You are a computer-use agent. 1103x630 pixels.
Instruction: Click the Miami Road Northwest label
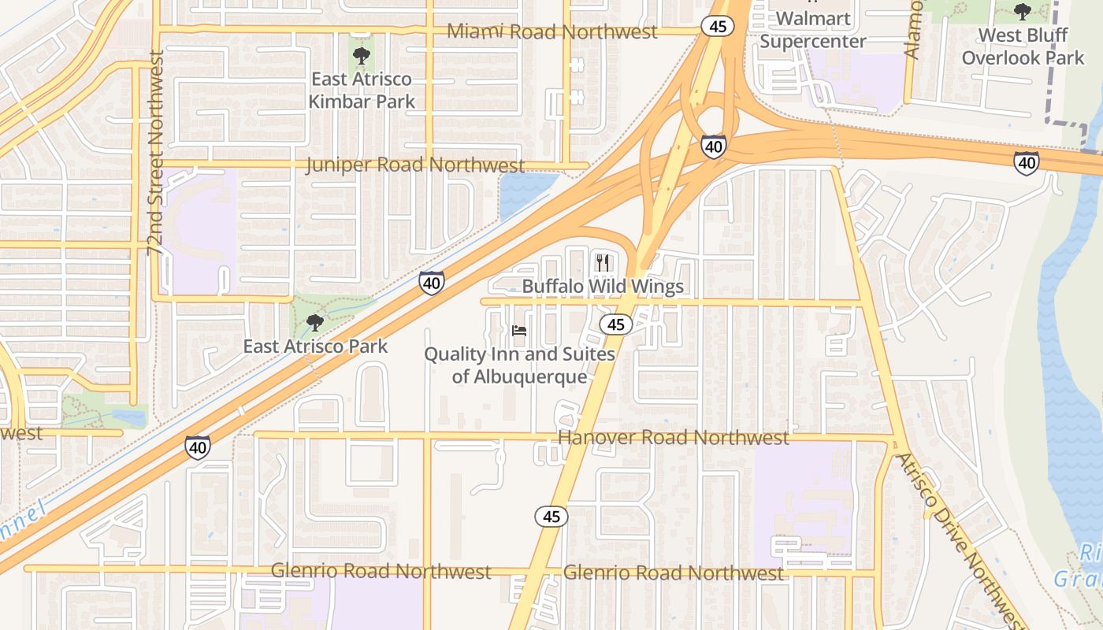pos(551,31)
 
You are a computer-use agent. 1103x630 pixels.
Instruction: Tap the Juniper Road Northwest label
pos(415,165)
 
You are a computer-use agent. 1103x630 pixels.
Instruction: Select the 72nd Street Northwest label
pos(155,153)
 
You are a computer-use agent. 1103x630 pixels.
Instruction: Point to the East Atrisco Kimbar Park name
pos(362,90)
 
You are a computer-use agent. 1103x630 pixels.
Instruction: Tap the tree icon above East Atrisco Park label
pos(314,322)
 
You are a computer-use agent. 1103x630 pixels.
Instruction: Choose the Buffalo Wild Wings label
pos(603,286)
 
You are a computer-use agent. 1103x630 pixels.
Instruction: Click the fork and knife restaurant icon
pos(603,262)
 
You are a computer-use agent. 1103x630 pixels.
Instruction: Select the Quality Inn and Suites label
pos(519,365)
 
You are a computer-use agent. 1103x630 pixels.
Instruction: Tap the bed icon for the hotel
pos(519,331)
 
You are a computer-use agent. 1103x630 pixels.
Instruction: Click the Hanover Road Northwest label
pos(673,437)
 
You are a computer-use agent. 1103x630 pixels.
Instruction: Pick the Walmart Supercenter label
pos(813,30)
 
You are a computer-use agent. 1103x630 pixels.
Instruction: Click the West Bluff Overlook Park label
pos(1023,46)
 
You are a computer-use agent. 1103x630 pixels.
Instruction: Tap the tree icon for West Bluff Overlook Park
pos(1023,12)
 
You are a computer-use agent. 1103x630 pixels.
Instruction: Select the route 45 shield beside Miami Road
pos(718,26)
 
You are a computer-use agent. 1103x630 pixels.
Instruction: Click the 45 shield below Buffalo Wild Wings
pos(616,324)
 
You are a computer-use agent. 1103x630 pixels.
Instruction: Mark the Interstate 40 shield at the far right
pos(1026,162)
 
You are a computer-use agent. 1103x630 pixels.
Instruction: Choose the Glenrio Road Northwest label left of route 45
pos(381,571)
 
